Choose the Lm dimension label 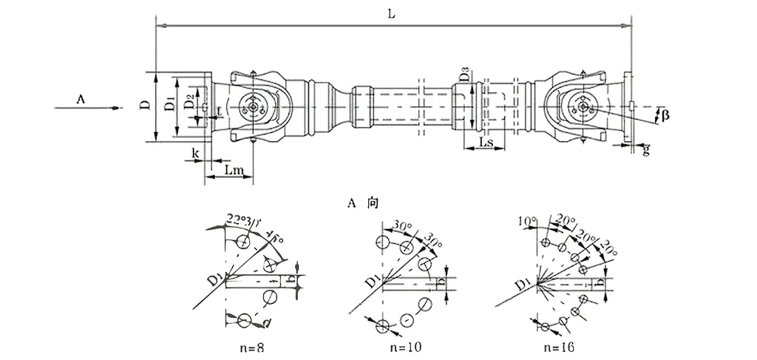click(234, 171)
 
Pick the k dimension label click(195, 152)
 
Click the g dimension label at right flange click(645, 150)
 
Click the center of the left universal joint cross click(254, 108)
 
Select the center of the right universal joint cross click(584, 108)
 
